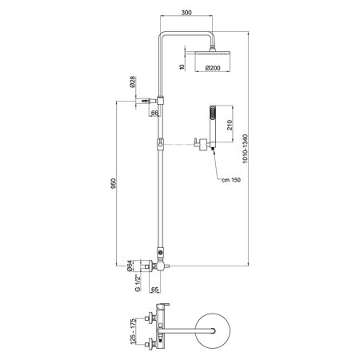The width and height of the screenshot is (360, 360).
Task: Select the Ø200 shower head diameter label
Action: (214, 70)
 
